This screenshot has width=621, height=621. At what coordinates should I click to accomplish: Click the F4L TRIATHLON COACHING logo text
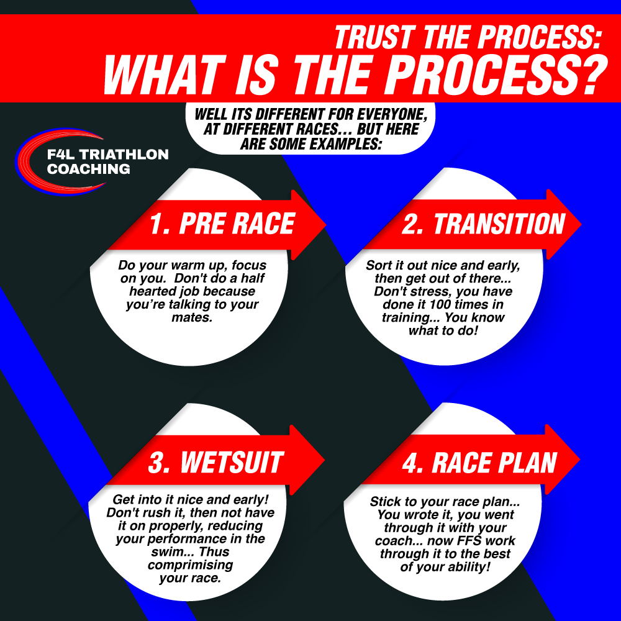[107, 161]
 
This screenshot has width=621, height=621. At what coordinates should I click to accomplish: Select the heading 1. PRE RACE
[222, 224]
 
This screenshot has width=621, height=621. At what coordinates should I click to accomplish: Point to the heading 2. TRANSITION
[484, 224]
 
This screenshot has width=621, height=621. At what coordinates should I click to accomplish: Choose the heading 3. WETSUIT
[216, 462]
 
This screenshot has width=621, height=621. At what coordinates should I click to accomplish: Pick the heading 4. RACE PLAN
[479, 462]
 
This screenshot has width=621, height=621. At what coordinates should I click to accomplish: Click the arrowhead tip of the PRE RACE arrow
[325, 225]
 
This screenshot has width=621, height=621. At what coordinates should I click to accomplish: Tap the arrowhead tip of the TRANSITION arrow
[581, 224]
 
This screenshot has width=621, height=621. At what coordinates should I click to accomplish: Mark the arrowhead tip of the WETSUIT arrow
[324, 460]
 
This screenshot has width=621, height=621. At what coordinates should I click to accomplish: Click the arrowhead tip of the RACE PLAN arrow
[580, 460]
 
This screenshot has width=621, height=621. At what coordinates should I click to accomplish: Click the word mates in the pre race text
[192, 317]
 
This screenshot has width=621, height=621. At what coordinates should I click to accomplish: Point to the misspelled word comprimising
[190, 565]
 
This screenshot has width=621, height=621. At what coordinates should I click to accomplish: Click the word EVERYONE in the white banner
[392, 114]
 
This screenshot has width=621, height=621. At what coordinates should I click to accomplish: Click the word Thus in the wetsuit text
[214, 551]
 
